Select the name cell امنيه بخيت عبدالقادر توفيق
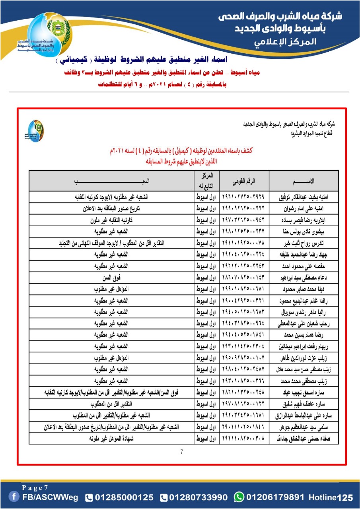tap(304, 196)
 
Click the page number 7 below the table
tap(181, 452)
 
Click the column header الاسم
tap(304, 181)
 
